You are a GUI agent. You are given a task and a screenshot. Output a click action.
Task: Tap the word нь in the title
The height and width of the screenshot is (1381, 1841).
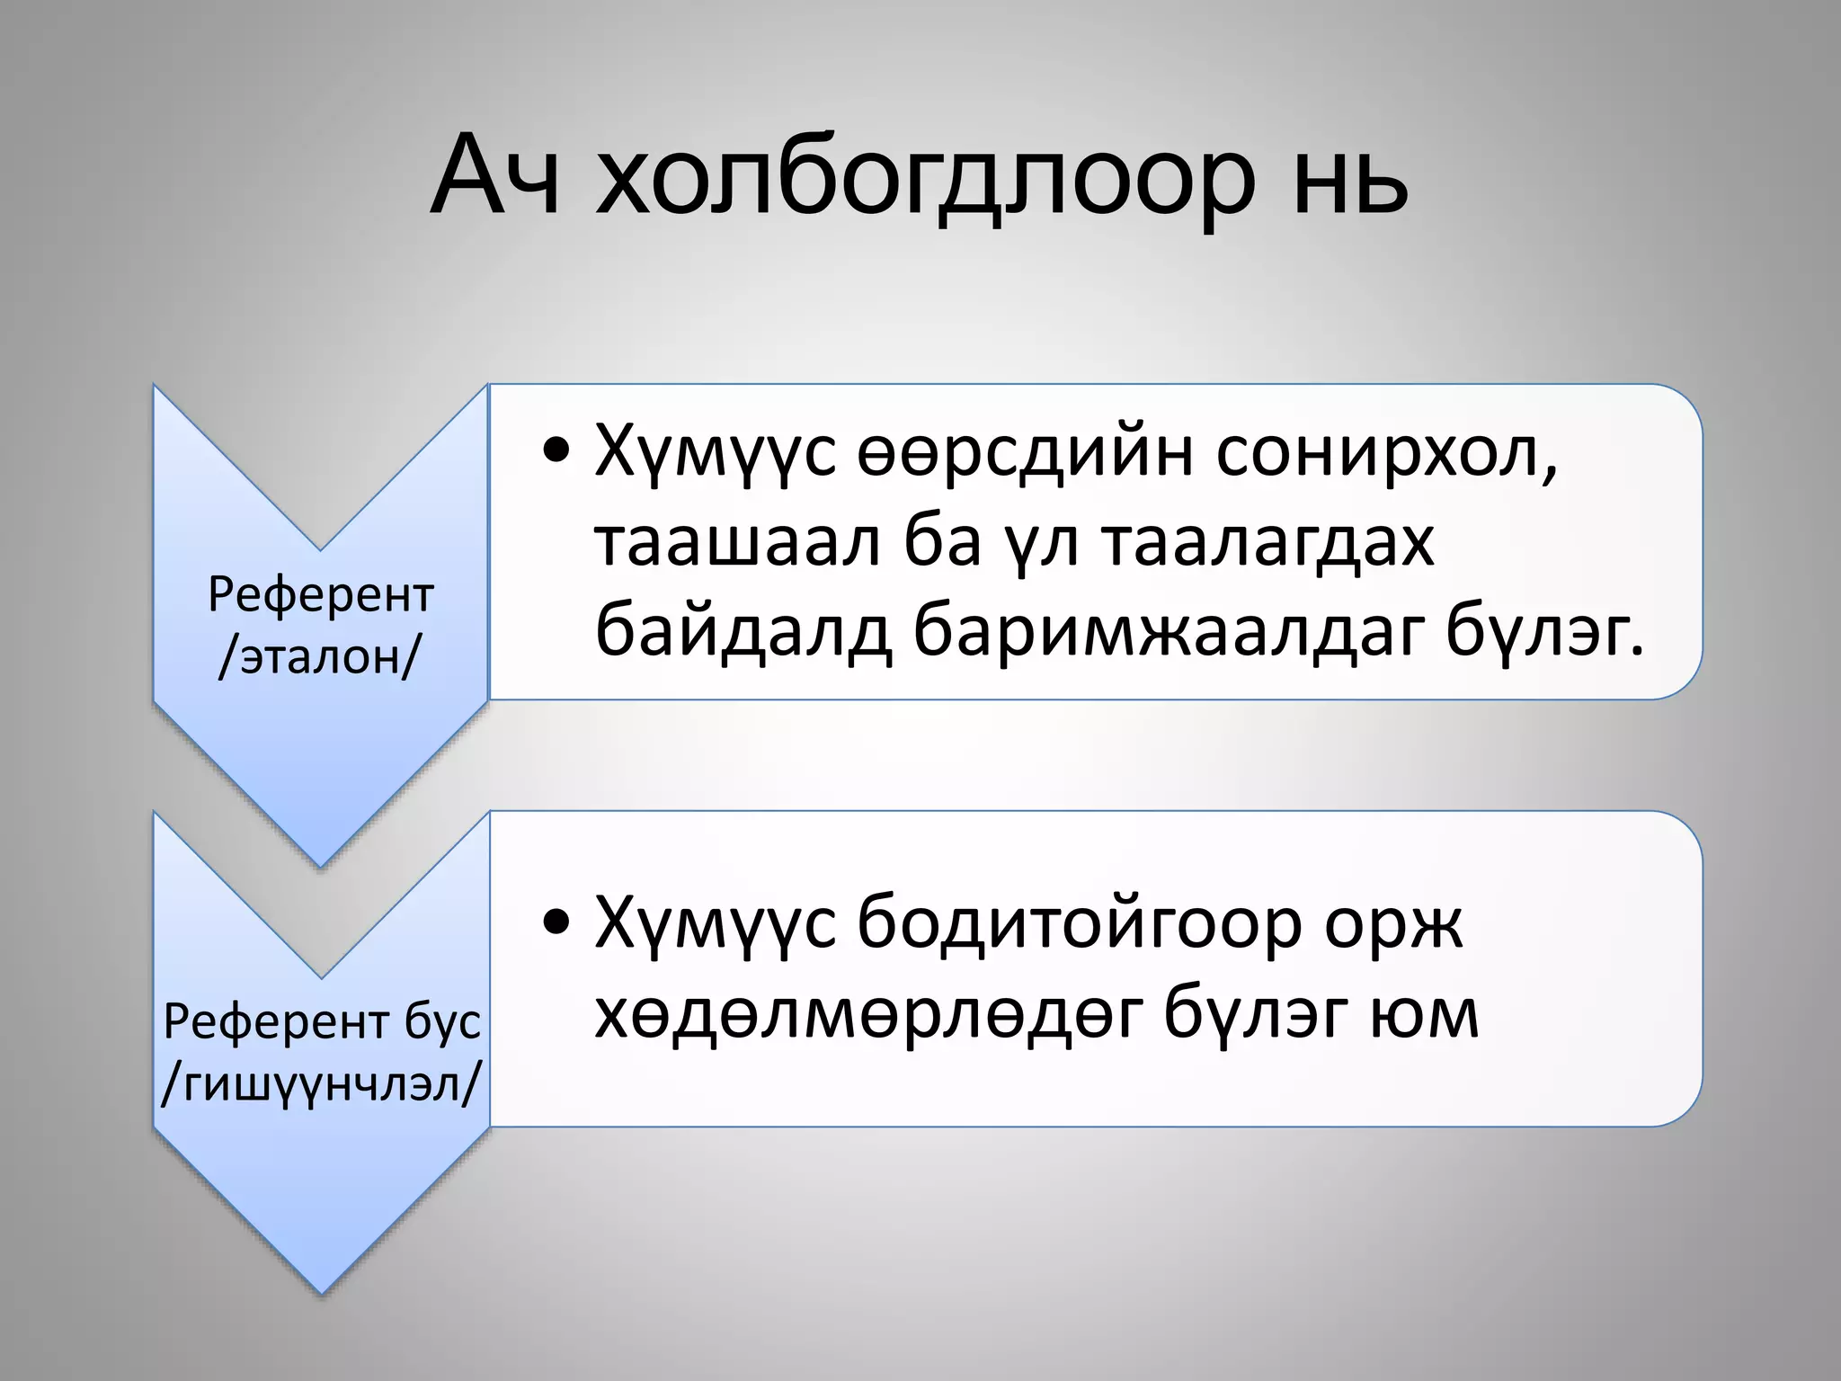[x=1348, y=180]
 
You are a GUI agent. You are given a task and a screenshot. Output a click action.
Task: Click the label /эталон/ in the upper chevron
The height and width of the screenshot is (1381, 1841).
[x=320, y=657]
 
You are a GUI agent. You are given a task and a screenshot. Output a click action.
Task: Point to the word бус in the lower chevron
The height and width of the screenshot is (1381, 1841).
[x=441, y=1022]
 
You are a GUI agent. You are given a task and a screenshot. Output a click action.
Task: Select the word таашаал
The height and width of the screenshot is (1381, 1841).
[x=737, y=543]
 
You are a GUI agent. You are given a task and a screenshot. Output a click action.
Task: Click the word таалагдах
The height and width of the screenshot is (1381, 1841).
[x=1268, y=543]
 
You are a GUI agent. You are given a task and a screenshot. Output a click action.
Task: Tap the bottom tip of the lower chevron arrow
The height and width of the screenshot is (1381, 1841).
[x=321, y=1291]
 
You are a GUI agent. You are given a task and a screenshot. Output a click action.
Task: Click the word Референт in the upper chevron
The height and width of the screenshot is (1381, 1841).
[x=321, y=594]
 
